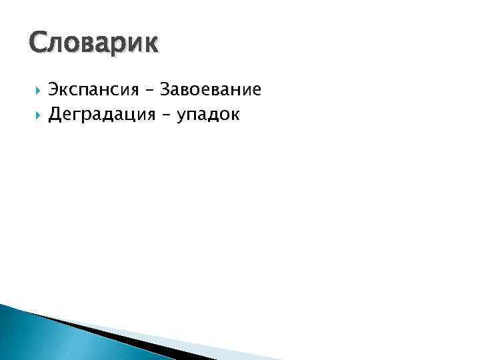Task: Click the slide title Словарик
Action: pos(94,43)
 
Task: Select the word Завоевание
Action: pos(213,89)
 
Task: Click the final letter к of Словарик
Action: pos(151,45)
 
